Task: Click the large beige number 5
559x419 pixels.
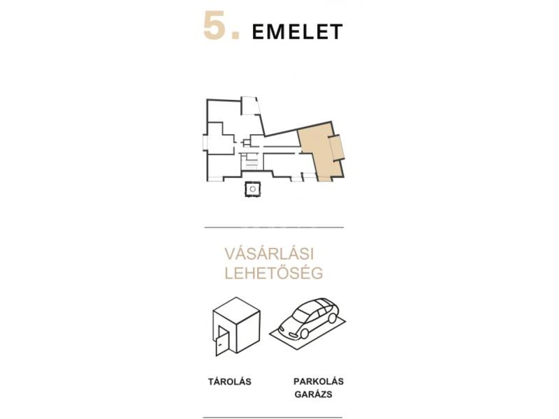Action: [x=215, y=25]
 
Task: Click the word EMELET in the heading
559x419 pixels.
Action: [x=298, y=31]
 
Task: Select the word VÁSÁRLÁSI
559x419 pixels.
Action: [x=269, y=253]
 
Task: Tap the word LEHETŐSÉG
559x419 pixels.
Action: [x=274, y=272]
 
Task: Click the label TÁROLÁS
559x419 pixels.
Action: [x=230, y=381]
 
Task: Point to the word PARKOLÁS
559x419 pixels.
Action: [x=319, y=381]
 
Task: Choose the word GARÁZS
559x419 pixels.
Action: [x=313, y=395]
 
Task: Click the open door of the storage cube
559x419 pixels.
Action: [x=222, y=342]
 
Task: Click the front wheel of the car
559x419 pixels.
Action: [x=304, y=334]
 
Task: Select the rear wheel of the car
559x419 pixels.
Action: [x=333, y=318]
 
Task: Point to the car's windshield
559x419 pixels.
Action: [x=300, y=313]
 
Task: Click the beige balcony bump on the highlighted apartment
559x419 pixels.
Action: [x=337, y=148]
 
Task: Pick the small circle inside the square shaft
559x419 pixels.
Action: [x=253, y=189]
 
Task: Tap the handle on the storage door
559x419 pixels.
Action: [x=220, y=344]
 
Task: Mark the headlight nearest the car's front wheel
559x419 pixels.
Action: [x=293, y=335]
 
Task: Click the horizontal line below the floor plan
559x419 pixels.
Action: [x=274, y=227]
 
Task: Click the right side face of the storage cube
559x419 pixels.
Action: [x=248, y=330]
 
